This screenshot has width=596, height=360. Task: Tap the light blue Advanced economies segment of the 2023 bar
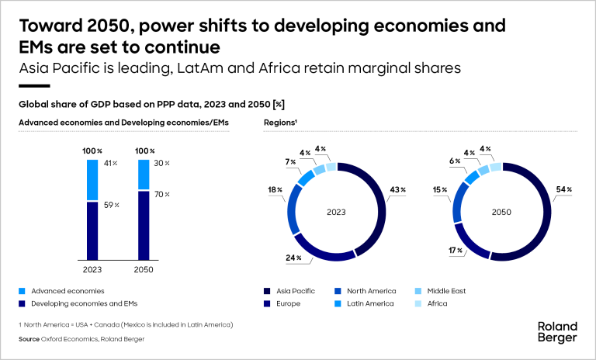[92, 180]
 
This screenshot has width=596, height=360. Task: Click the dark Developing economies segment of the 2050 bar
[142, 226]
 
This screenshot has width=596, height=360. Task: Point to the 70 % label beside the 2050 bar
[161, 194]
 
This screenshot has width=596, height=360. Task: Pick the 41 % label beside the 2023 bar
[110, 163]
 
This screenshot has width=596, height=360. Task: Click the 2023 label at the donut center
[336, 209]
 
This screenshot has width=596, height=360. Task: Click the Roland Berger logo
[558, 332]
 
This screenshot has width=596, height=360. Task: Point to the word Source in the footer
[29, 338]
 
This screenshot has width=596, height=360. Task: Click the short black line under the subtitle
[34, 86]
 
